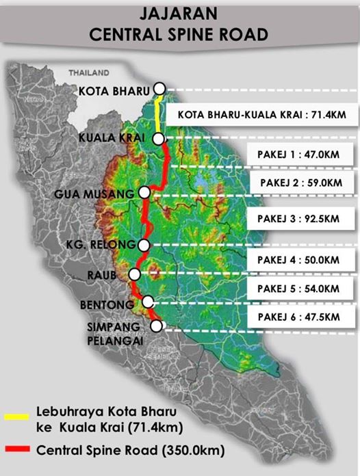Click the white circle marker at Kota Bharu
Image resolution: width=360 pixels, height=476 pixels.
(x=160, y=88)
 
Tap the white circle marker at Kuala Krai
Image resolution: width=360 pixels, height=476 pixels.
(x=159, y=138)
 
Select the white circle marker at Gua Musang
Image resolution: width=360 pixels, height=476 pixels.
(x=144, y=193)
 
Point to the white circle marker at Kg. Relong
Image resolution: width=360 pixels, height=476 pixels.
(x=143, y=246)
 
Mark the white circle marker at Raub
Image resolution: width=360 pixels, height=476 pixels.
(x=134, y=274)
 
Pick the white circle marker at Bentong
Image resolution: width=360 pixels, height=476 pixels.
(x=148, y=301)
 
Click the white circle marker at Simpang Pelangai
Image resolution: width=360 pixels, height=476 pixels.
(x=157, y=326)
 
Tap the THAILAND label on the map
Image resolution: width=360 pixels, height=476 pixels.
(x=89, y=72)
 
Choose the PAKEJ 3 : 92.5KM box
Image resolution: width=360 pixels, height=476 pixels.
(x=298, y=219)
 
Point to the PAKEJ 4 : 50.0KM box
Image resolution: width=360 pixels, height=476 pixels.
(x=298, y=260)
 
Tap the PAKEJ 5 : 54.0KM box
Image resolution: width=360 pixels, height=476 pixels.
(x=298, y=289)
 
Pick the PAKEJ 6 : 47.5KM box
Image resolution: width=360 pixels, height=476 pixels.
(x=298, y=317)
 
